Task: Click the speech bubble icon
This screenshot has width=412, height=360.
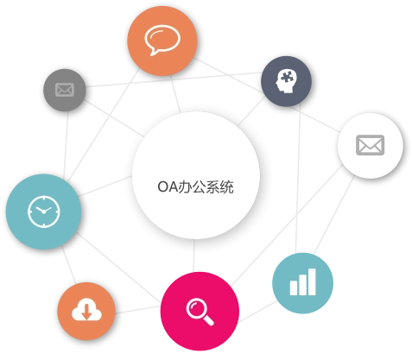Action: coord(162,40)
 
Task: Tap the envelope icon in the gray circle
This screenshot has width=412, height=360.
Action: coord(65,90)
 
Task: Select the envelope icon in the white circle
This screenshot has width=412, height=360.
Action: coord(371,145)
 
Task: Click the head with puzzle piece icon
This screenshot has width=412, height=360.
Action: coord(285,81)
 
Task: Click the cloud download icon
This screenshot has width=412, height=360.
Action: coord(86,310)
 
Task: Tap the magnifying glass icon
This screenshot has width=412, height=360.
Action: coord(200,312)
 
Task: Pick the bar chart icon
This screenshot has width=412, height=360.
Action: coord(302,281)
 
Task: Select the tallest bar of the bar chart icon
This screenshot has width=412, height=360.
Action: coord(312,281)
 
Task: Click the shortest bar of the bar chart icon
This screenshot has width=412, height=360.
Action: coord(294,287)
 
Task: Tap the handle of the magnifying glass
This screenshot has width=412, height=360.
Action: coord(208,320)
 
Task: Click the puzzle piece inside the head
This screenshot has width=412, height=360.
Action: coord(287,77)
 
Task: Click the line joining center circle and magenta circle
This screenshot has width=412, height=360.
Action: coord(194,256)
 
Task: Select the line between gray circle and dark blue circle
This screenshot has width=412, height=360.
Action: coord(174,79)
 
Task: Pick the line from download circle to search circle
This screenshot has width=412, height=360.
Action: coord(138,310)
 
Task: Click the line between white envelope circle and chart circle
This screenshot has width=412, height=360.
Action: coord(334,215)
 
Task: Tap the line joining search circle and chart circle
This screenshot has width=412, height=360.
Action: coord(257,312)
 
